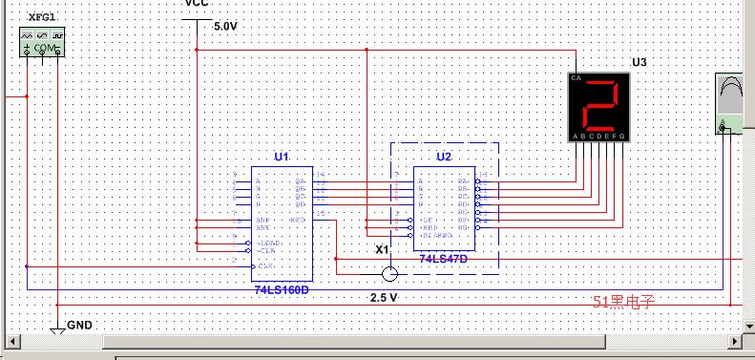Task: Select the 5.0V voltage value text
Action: (x=225, y=27)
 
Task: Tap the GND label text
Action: (x=80, y=326)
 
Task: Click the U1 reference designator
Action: (x=281, y=156)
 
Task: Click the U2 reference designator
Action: (x=444, y=157)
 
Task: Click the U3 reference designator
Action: (x=640, y=62)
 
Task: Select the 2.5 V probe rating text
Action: (x=384, y=298)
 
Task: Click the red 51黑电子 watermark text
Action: (x=624, y=302)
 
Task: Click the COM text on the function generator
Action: (x=44, y=48)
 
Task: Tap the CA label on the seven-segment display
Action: (x=575, y=77)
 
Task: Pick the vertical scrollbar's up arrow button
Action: (x=747, y=7)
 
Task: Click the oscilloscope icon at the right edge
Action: (x=733, y=104)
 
